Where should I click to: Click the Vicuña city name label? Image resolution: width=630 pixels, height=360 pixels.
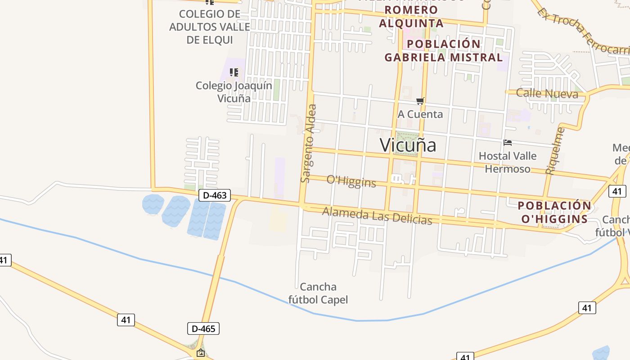pos(408,145)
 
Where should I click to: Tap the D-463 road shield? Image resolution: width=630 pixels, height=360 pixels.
pos(215,195)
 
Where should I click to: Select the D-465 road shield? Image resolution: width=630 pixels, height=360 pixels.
pos(203,328)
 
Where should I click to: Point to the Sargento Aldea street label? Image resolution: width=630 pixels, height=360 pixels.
pos(309,144)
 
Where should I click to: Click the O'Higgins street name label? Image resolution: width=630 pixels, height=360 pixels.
pos(351,181)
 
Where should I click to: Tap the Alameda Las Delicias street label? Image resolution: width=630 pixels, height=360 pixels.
pos(377,216)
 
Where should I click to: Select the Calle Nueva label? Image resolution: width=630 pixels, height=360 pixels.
pos(547,94)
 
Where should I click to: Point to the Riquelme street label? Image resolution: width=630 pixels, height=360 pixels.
pos(554,151)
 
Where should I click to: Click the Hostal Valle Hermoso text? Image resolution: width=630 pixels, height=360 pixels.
pos(508,162)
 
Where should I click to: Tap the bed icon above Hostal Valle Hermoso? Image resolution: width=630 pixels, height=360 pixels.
pos(508,143)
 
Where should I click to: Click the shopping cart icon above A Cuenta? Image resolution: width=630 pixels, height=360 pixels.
pos(420,101)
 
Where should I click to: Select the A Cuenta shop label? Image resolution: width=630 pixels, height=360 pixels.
pos(420,114)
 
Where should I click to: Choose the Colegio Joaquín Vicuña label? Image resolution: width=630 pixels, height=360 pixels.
pos(234,92)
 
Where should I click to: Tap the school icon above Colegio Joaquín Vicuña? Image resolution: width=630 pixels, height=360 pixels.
pos(234,72)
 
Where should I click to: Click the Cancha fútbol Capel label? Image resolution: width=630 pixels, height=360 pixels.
pos(318,293)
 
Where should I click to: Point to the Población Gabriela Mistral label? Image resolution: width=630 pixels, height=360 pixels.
pos(443,51)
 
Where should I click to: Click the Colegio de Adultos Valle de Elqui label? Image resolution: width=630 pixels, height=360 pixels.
pos(209,27)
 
